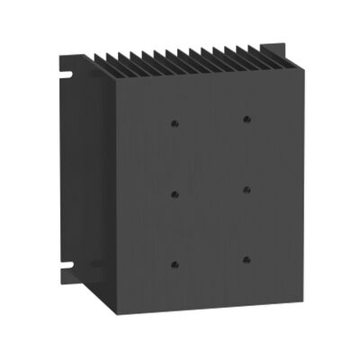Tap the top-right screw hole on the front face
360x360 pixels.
click(245, 118)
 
